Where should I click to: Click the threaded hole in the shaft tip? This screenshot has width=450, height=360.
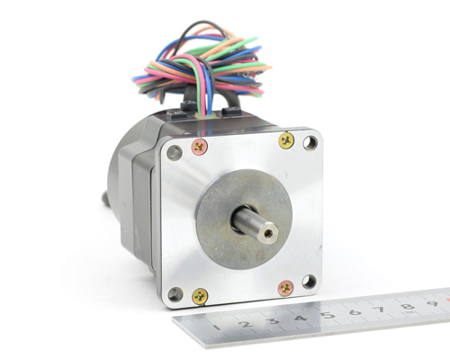tap(266, 232)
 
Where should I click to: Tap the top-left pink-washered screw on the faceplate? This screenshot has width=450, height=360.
tap(200, 147)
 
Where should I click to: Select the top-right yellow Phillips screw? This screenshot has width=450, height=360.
tap(286, 139)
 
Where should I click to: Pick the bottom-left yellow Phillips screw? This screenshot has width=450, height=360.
tap(200, 296)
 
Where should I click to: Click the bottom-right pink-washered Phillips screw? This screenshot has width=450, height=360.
tap(286, 288)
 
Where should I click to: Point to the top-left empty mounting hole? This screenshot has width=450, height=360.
tap(175, 152)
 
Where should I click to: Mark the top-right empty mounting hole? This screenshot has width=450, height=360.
tap(310, 143)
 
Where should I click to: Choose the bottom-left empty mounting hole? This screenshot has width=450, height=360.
tap(175, 294)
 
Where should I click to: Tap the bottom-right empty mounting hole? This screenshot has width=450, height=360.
tap(310, 282)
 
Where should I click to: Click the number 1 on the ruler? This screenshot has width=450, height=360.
tap(218, 327)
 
